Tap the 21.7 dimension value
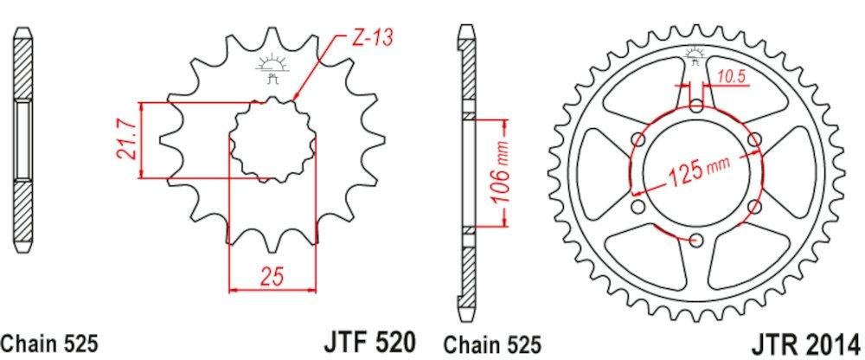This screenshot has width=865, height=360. [126, 140]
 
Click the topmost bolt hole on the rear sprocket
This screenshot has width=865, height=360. [697, 106]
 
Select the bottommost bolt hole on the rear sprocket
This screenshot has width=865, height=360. [697, 240]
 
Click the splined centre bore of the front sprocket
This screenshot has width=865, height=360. [272, 140]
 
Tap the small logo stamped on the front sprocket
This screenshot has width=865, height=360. [271, 68]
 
